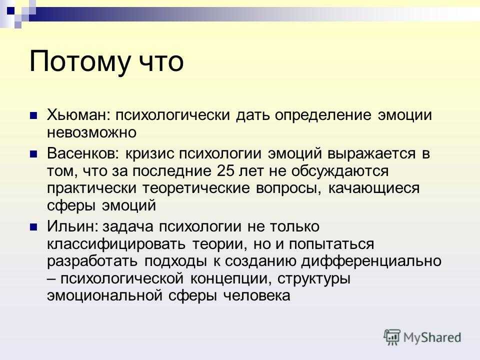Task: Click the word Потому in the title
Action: [x=79, y=62]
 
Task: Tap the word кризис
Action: [x=150, y=153]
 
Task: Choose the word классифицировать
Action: [x=116, y=244]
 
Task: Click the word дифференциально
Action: [x=371, y=261]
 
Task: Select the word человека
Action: [x=256, y=295]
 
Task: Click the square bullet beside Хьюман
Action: [x=33, y=115]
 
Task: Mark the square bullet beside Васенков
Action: [x=33, y=153]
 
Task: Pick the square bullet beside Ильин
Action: [x=33, y=227]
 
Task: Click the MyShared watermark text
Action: [x=432, y=337]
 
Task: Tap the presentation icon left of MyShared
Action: [x=392, y=337]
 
